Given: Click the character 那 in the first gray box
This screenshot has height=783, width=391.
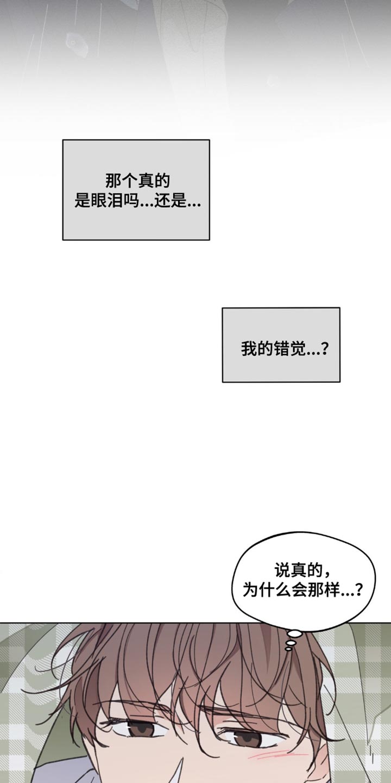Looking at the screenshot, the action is click(113, 181).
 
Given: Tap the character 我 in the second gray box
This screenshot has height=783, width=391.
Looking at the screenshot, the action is click(249, 349).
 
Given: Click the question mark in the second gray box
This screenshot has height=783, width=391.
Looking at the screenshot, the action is click(324, 349).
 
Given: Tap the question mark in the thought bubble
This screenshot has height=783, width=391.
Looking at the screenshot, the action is click(358, 591).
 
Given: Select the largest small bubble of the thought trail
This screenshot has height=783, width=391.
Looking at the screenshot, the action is click(295, 633).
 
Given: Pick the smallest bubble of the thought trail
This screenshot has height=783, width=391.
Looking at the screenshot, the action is click(288, 649).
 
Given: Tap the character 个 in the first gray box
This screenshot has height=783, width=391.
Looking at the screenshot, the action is click(129, 181).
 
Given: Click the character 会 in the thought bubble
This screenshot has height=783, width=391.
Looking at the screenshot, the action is click(299, 591).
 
